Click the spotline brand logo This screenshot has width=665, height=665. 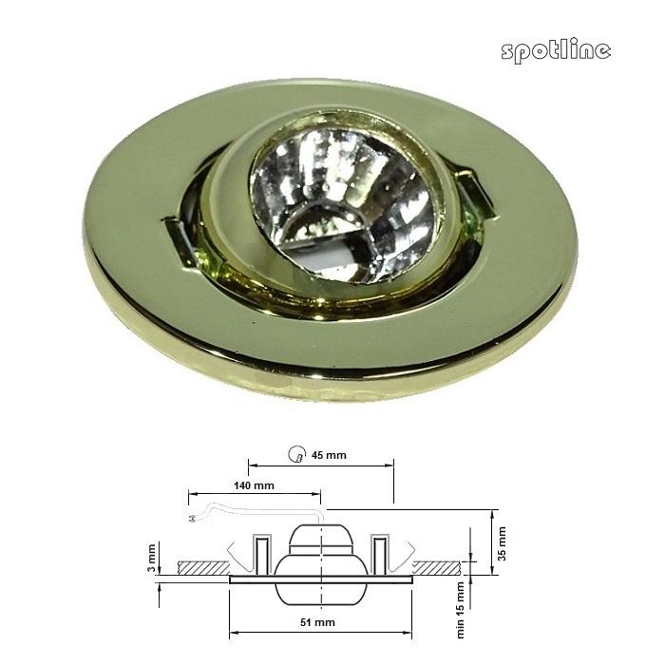click(x=556, y=51)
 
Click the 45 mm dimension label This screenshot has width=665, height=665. click(x=329, y=455)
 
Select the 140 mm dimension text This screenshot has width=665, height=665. click(x=254, y=485)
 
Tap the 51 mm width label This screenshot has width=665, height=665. click(x=317, y=622)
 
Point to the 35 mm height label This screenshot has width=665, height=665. click(x=503, y=543)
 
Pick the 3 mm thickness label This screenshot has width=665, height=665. click(x=152, y=559)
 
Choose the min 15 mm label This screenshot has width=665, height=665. click(x=461, y=610)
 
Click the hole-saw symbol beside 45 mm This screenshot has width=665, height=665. click(x=296, y=454)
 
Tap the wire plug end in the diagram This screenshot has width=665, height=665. click(x=191, y=518)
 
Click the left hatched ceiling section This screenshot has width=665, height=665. click(x=203, y=568)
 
